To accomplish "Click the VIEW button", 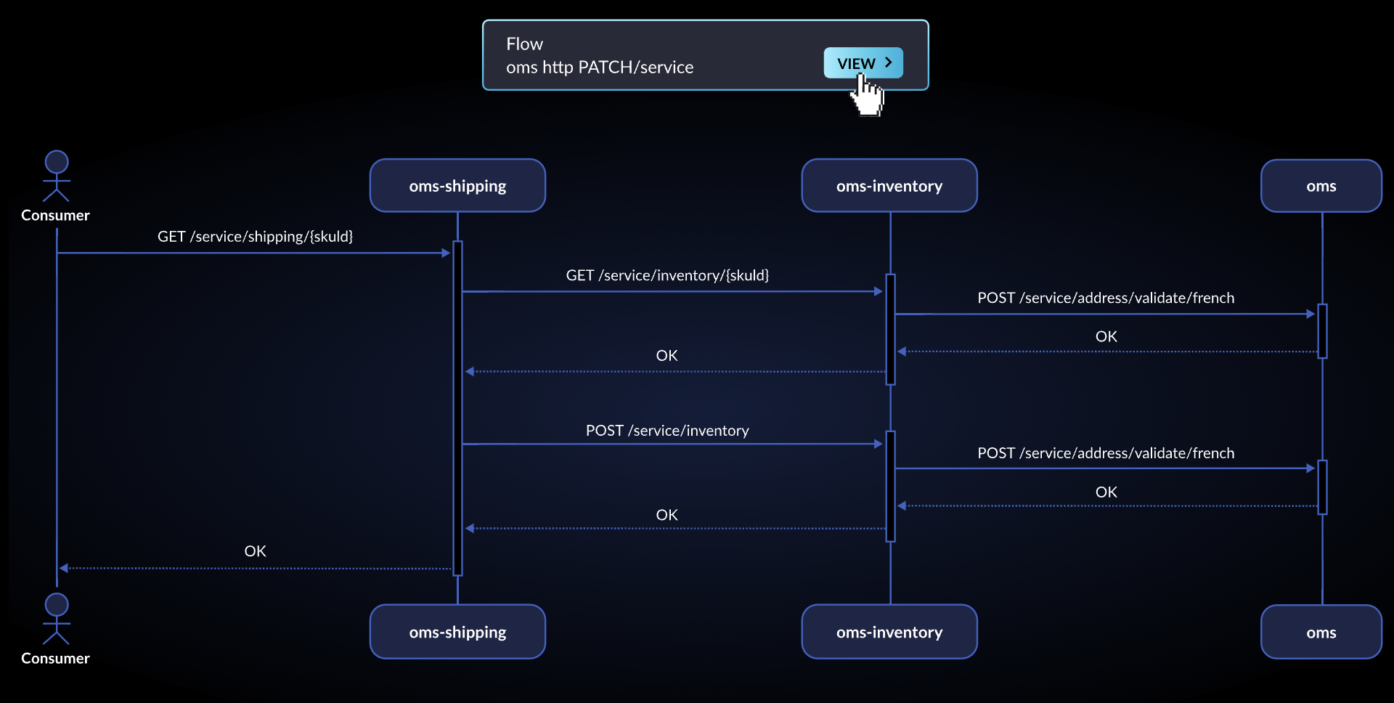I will [x=863, y=63].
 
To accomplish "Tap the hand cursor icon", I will [x=867, y=97].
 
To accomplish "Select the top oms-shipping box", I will [x=457, y=186].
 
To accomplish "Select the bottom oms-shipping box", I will [x=457, y=632].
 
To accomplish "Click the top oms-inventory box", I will [x=889, y=186].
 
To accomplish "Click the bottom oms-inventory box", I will [x=889, y=632].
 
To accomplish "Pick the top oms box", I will [x=1321, y=186].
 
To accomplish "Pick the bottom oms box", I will [x=1321, y=632].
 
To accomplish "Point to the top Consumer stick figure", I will [x=56, y=176].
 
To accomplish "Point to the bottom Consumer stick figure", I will [x=56, y=619].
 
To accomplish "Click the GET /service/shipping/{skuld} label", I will [x=255, y=237].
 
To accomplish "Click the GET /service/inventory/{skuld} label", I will [x=667, y=275].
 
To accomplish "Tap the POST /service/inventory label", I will [x=667, y=431].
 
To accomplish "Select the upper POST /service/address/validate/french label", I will [x=1105, y=298].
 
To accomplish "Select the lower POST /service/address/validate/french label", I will [x=1105, y=453].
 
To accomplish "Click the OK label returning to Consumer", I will [x=255, y=551].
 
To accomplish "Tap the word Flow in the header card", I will [x=524, y=44].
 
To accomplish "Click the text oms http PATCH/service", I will [x=600, y=68].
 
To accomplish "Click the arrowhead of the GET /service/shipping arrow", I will [x=446, y=253].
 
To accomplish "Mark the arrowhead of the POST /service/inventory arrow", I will [x=879, y=444].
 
